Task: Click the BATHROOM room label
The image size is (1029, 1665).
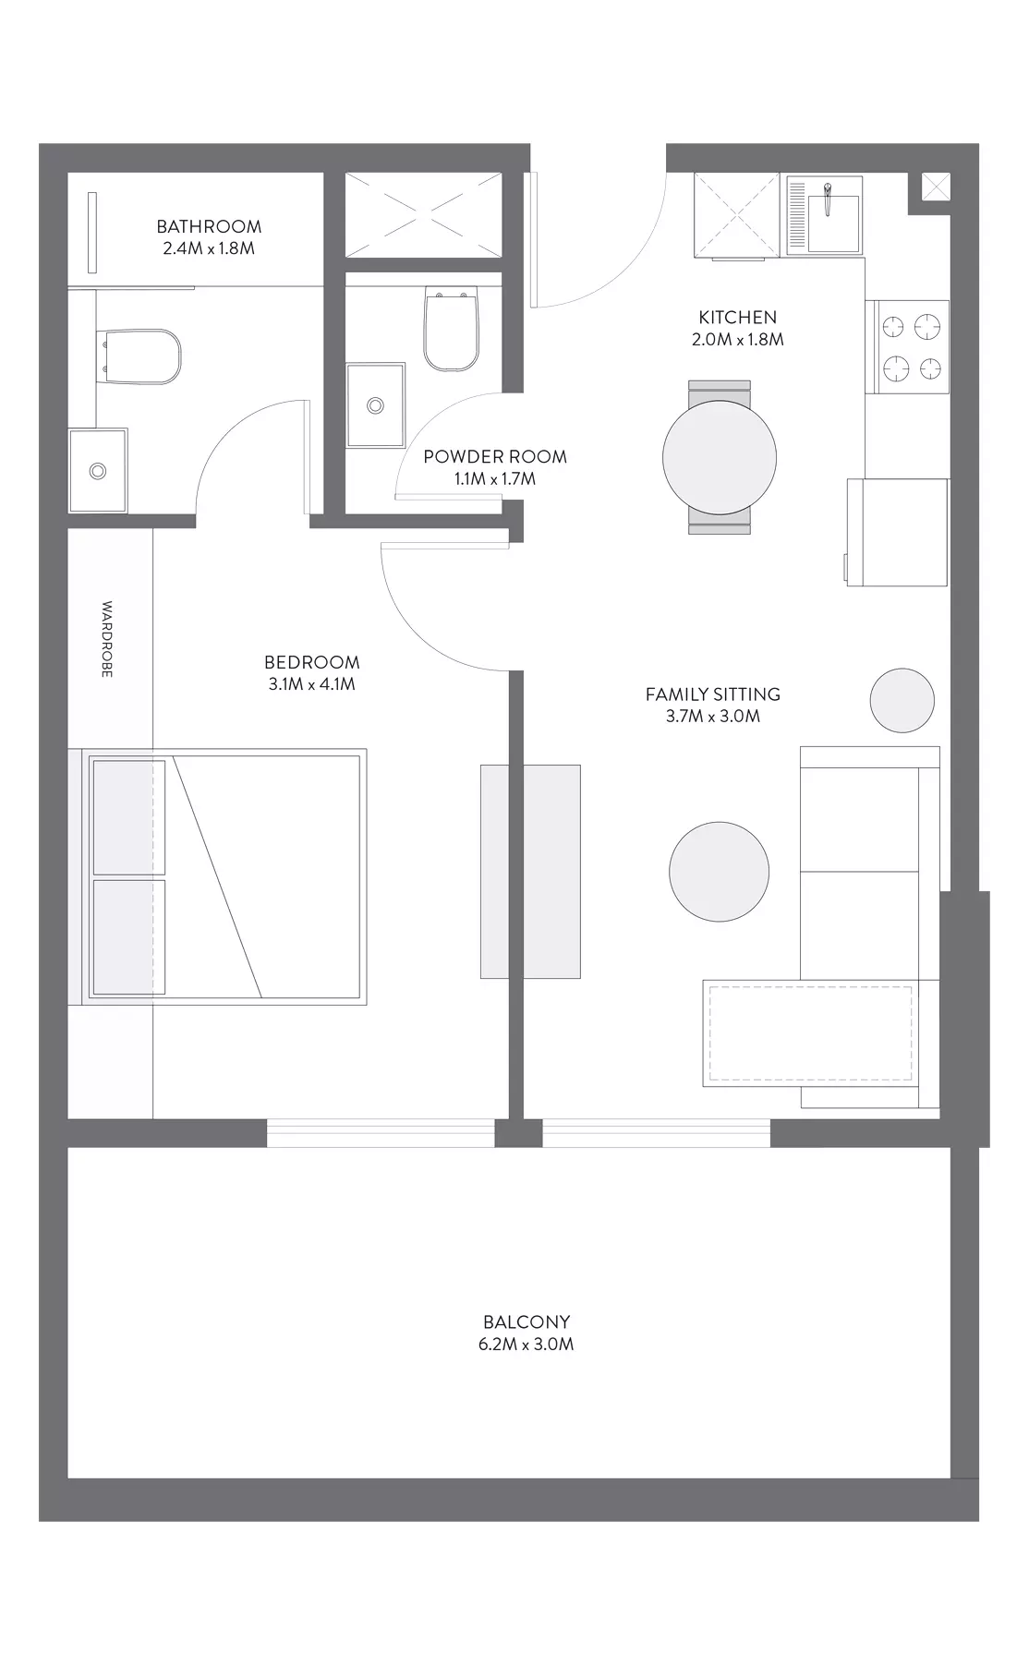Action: click(x=209, y=226)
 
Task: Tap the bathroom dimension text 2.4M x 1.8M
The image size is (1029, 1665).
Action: click(x=209, y=248)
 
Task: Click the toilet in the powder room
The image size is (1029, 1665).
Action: click(x=451, y=330)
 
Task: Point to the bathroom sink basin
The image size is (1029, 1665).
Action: click(x=98, y=471)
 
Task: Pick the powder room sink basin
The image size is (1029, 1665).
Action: click(x=376, y=405)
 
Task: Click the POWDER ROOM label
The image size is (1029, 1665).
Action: click(x=495, y=456)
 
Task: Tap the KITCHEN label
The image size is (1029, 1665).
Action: click(x=738, y=317)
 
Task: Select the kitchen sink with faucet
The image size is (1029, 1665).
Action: click(x=825, y=217)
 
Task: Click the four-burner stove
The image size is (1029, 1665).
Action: click(x=908, y=348)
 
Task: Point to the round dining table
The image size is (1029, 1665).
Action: click(x=720, y=457)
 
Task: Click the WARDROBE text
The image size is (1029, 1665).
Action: click(x=107, y=640)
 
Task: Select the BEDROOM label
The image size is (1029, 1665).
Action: click(x=312, y=662)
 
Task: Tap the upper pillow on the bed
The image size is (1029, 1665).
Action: click(x=129, y=817)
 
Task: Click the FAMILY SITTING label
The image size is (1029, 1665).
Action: click(x=713, y=694)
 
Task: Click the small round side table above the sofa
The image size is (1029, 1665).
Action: click(x=902, y=701)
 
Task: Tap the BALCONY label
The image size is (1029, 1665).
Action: click(x=527, y=1322)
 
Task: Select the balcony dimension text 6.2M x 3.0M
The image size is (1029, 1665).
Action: click(x=527, y=1345)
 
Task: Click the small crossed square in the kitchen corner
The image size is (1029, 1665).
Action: click(x=936, y=187)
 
